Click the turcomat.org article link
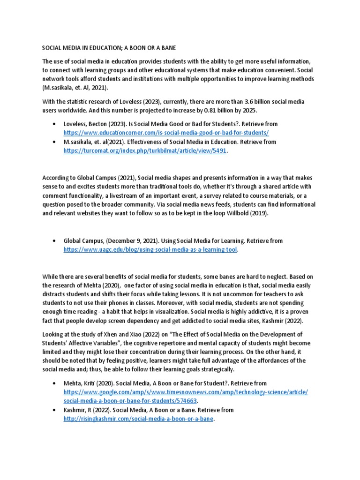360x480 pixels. coord(145,150)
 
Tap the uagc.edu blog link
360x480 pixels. coord(150,250)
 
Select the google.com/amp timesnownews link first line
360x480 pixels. coord(186,392)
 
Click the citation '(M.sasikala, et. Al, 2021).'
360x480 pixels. coord(75,88)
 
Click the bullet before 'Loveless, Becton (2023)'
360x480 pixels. coord(55,124)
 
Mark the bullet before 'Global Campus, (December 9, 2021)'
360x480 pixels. coord(55,241)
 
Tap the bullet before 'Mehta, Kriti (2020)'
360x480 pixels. coord(55,383)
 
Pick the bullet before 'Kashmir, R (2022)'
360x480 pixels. coord(55,410)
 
